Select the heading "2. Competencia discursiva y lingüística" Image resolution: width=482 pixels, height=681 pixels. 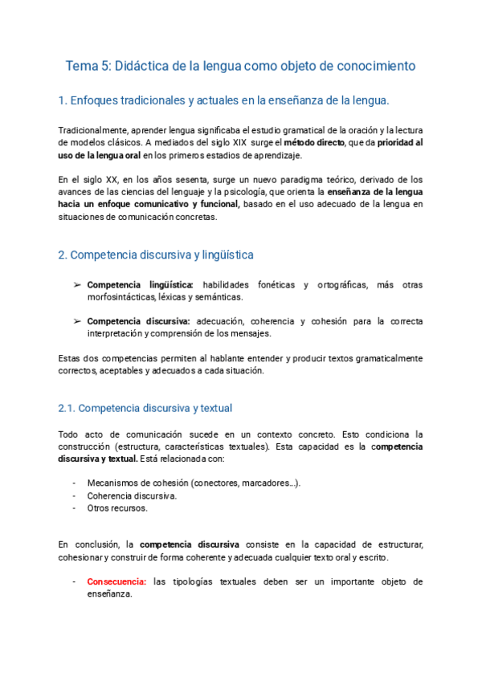pyautogui.click(x=156, y=255)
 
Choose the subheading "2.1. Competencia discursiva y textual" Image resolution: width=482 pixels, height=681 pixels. pyautogui.click(x=145, y=408)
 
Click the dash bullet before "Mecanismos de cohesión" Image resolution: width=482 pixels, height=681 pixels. pyautogui.click(x=75, y=483)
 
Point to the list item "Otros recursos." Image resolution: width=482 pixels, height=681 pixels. pyautogui.click(x=116, y=508)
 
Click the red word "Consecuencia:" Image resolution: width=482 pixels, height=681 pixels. pyautogui.click(x=116, y=581)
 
